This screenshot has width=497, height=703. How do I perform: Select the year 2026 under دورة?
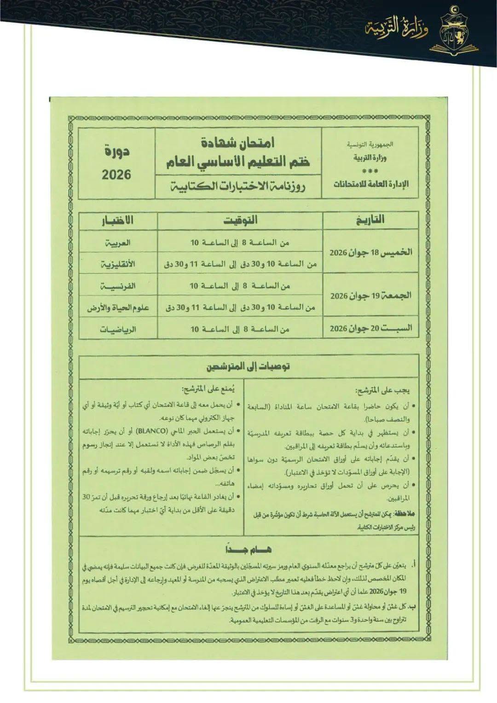116,174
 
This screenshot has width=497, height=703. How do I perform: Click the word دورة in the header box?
117,151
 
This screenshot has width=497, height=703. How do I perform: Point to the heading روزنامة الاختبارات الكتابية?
238,186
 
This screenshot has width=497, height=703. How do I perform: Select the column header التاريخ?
370,220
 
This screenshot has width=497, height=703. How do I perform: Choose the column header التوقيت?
240,220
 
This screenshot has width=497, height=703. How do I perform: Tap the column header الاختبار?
117,220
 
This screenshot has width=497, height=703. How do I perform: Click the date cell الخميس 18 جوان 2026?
371,252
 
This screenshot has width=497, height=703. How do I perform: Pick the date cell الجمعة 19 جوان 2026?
371,295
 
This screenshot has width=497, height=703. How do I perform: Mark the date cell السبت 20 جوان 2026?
371,328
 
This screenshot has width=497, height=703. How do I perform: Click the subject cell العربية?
118,242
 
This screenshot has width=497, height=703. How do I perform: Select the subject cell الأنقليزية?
118,264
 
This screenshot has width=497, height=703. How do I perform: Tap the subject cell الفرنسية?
118,286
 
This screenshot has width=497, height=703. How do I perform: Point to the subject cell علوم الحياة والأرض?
118,308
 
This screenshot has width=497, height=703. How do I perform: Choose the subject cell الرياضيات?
118,329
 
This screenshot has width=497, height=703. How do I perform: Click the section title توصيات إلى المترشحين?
248,366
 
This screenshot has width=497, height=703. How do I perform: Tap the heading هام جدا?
248,549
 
